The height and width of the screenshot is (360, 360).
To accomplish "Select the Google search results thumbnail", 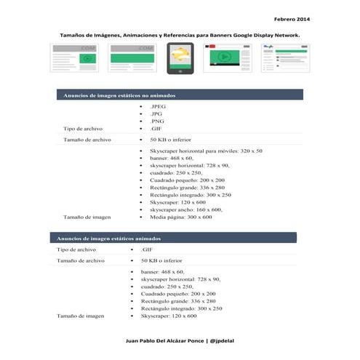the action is pyautogui.click(x=279, y=57).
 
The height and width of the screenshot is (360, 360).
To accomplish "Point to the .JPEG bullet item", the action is pyautogui.click(x=158, y=106).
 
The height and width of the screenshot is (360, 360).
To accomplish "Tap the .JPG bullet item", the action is pyautogui.click(x=156, y=113).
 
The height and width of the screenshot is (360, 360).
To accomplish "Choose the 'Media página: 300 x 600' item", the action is pyautogui.click(x=181, y=217).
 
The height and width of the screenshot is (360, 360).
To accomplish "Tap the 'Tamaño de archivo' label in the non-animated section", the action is pyautogui.click(x=87, y=138).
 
